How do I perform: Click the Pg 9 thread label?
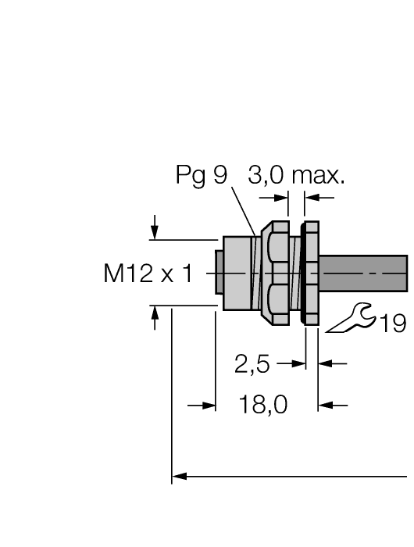point(201,177)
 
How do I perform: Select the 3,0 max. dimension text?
point(296,177)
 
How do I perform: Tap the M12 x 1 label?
point(148,275)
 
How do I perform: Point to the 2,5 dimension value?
point(252,363)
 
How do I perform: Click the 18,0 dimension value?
point(262,406)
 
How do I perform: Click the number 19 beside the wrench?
point(393,323)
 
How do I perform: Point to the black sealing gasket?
point(302,273)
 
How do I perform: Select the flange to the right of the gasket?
point(312,273)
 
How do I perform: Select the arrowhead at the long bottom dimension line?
point(179,475)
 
